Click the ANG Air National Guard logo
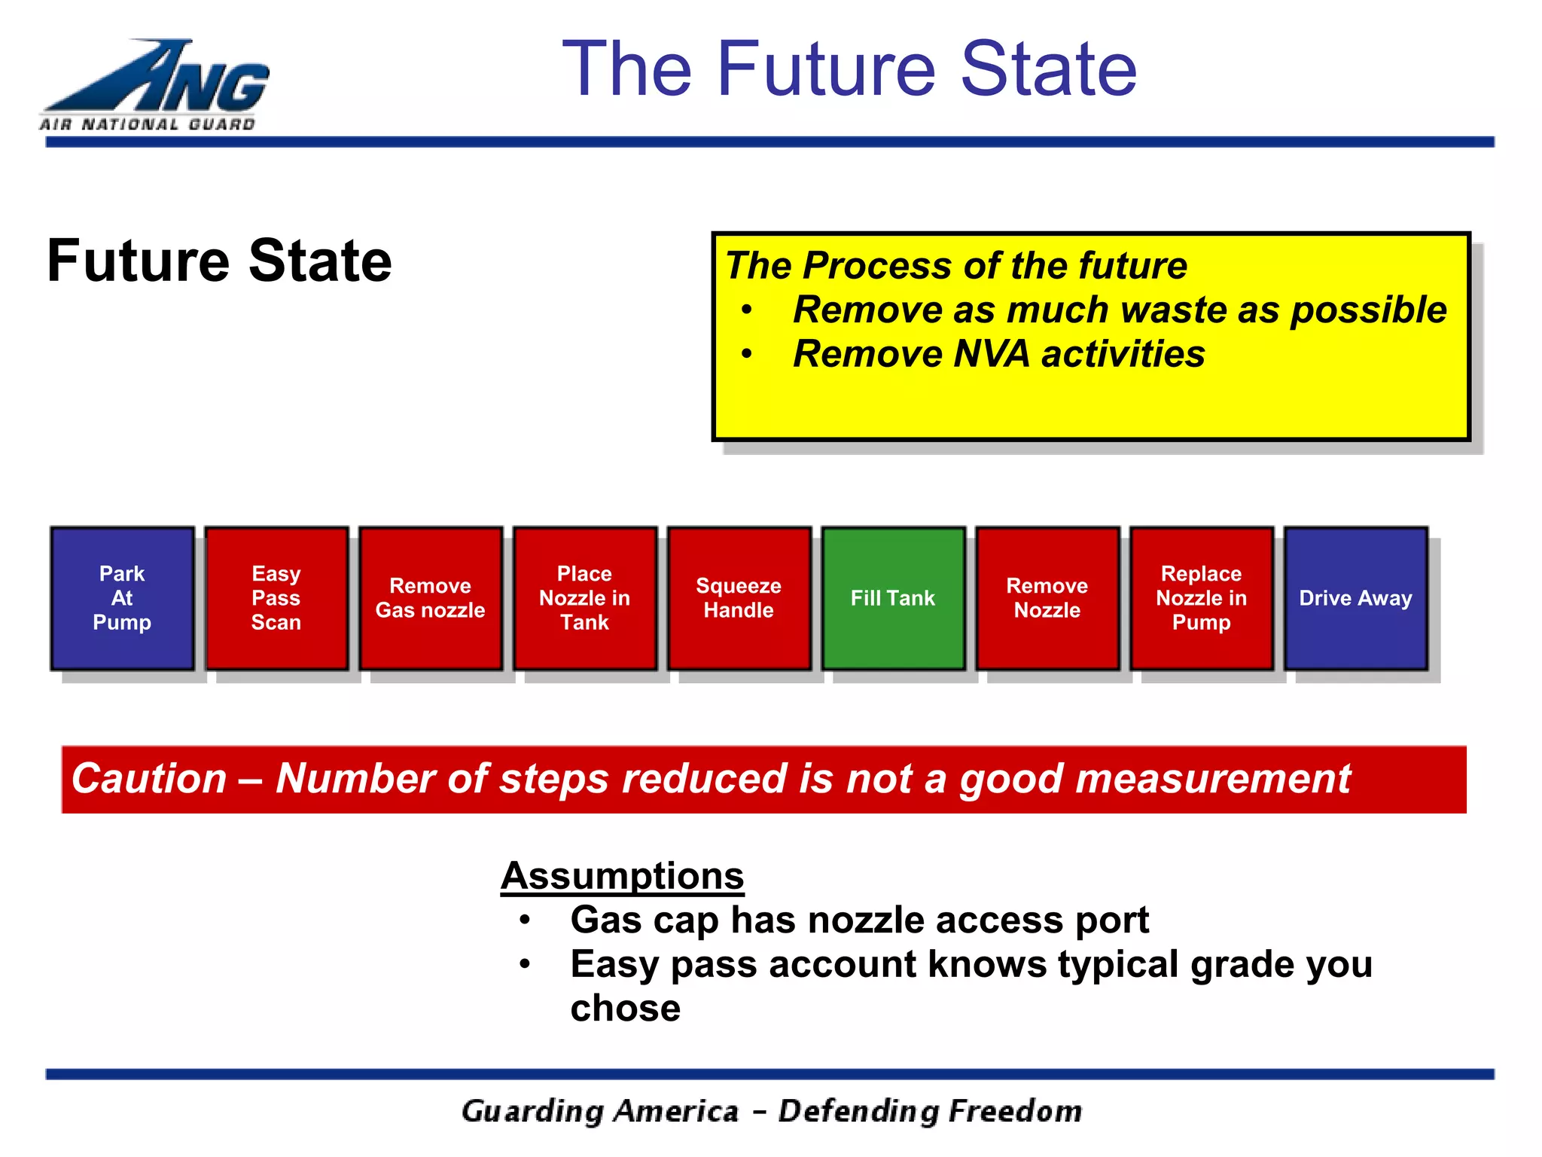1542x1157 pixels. (154, 85)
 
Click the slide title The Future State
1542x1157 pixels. (849, 69)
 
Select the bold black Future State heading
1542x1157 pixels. (219, 261)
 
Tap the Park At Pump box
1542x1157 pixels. (122, 598)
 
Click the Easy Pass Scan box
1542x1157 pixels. (276, 598)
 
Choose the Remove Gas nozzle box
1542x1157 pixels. (431, 598)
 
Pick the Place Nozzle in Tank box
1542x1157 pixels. (585, 598)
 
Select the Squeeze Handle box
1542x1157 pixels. (739, 598)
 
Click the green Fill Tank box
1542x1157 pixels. (893, 598)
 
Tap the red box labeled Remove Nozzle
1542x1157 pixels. (1047, 598)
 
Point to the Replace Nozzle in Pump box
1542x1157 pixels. (1202, 598)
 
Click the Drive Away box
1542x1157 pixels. (1355, 598)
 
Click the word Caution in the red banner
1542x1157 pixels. (149, 779)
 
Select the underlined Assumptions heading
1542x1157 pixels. (623, 876)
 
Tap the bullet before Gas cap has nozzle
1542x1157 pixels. (525, 920)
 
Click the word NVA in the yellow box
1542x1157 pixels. (991, 354)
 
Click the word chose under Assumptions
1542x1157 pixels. (625, 1008)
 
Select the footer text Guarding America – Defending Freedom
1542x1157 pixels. (771, 1111)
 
